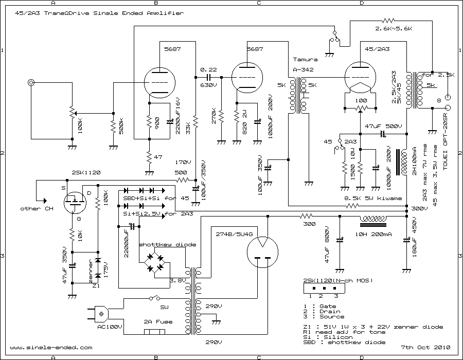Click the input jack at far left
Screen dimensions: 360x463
click(x=32, y=82)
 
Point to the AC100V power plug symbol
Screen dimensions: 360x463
click(x=102, y=312)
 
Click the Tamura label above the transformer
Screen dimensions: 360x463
click(x=306, y=60)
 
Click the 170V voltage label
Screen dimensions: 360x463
click(x=183, y=161)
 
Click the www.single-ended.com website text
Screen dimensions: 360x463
click(x=51, y=347)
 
